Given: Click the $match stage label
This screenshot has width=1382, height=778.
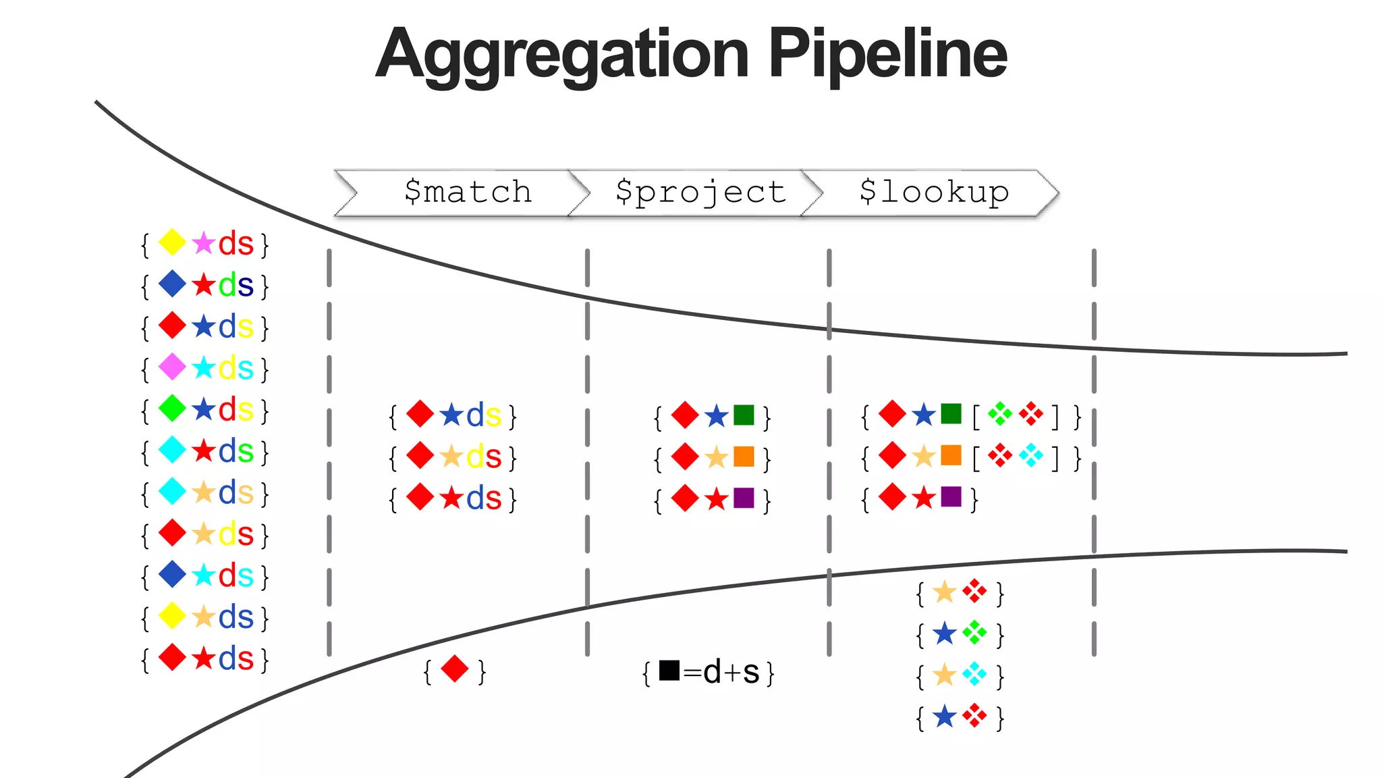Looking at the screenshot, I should coord(468,192).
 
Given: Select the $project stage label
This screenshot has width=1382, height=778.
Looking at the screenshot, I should coord(700,192).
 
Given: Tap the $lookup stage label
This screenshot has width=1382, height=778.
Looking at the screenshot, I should coord(934,192).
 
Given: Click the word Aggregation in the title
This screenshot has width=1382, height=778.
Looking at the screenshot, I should coord(561,55).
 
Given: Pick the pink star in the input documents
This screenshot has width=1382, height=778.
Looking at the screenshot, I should coord(203,243).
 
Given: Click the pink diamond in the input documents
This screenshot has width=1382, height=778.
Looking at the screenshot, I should coord(172,367).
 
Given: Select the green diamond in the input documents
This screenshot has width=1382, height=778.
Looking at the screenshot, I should coord(172,409).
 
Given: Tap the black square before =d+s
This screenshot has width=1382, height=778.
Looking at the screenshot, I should coord(669,670).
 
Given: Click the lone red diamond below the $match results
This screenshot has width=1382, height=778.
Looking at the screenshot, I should coord(454,669).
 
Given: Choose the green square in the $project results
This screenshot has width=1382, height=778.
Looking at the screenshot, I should coord(744,415).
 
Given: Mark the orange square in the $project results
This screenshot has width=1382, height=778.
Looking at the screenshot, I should coord(744,457).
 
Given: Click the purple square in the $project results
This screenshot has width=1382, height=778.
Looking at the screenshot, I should coord(744,498).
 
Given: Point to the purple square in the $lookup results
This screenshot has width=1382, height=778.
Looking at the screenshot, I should coord(951,496).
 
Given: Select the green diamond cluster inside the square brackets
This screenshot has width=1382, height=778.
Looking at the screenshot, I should coord(1000,414).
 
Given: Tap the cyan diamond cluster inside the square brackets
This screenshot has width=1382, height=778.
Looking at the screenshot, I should coord(1031,456).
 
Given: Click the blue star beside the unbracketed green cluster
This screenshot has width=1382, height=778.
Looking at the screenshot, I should coord(945,633).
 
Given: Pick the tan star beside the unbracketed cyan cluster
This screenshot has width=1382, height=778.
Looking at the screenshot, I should coord(945,675).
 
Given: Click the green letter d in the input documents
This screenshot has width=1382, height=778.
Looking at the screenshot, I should coord(227,285).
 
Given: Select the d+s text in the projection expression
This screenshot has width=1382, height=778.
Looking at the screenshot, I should coord(731,673).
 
